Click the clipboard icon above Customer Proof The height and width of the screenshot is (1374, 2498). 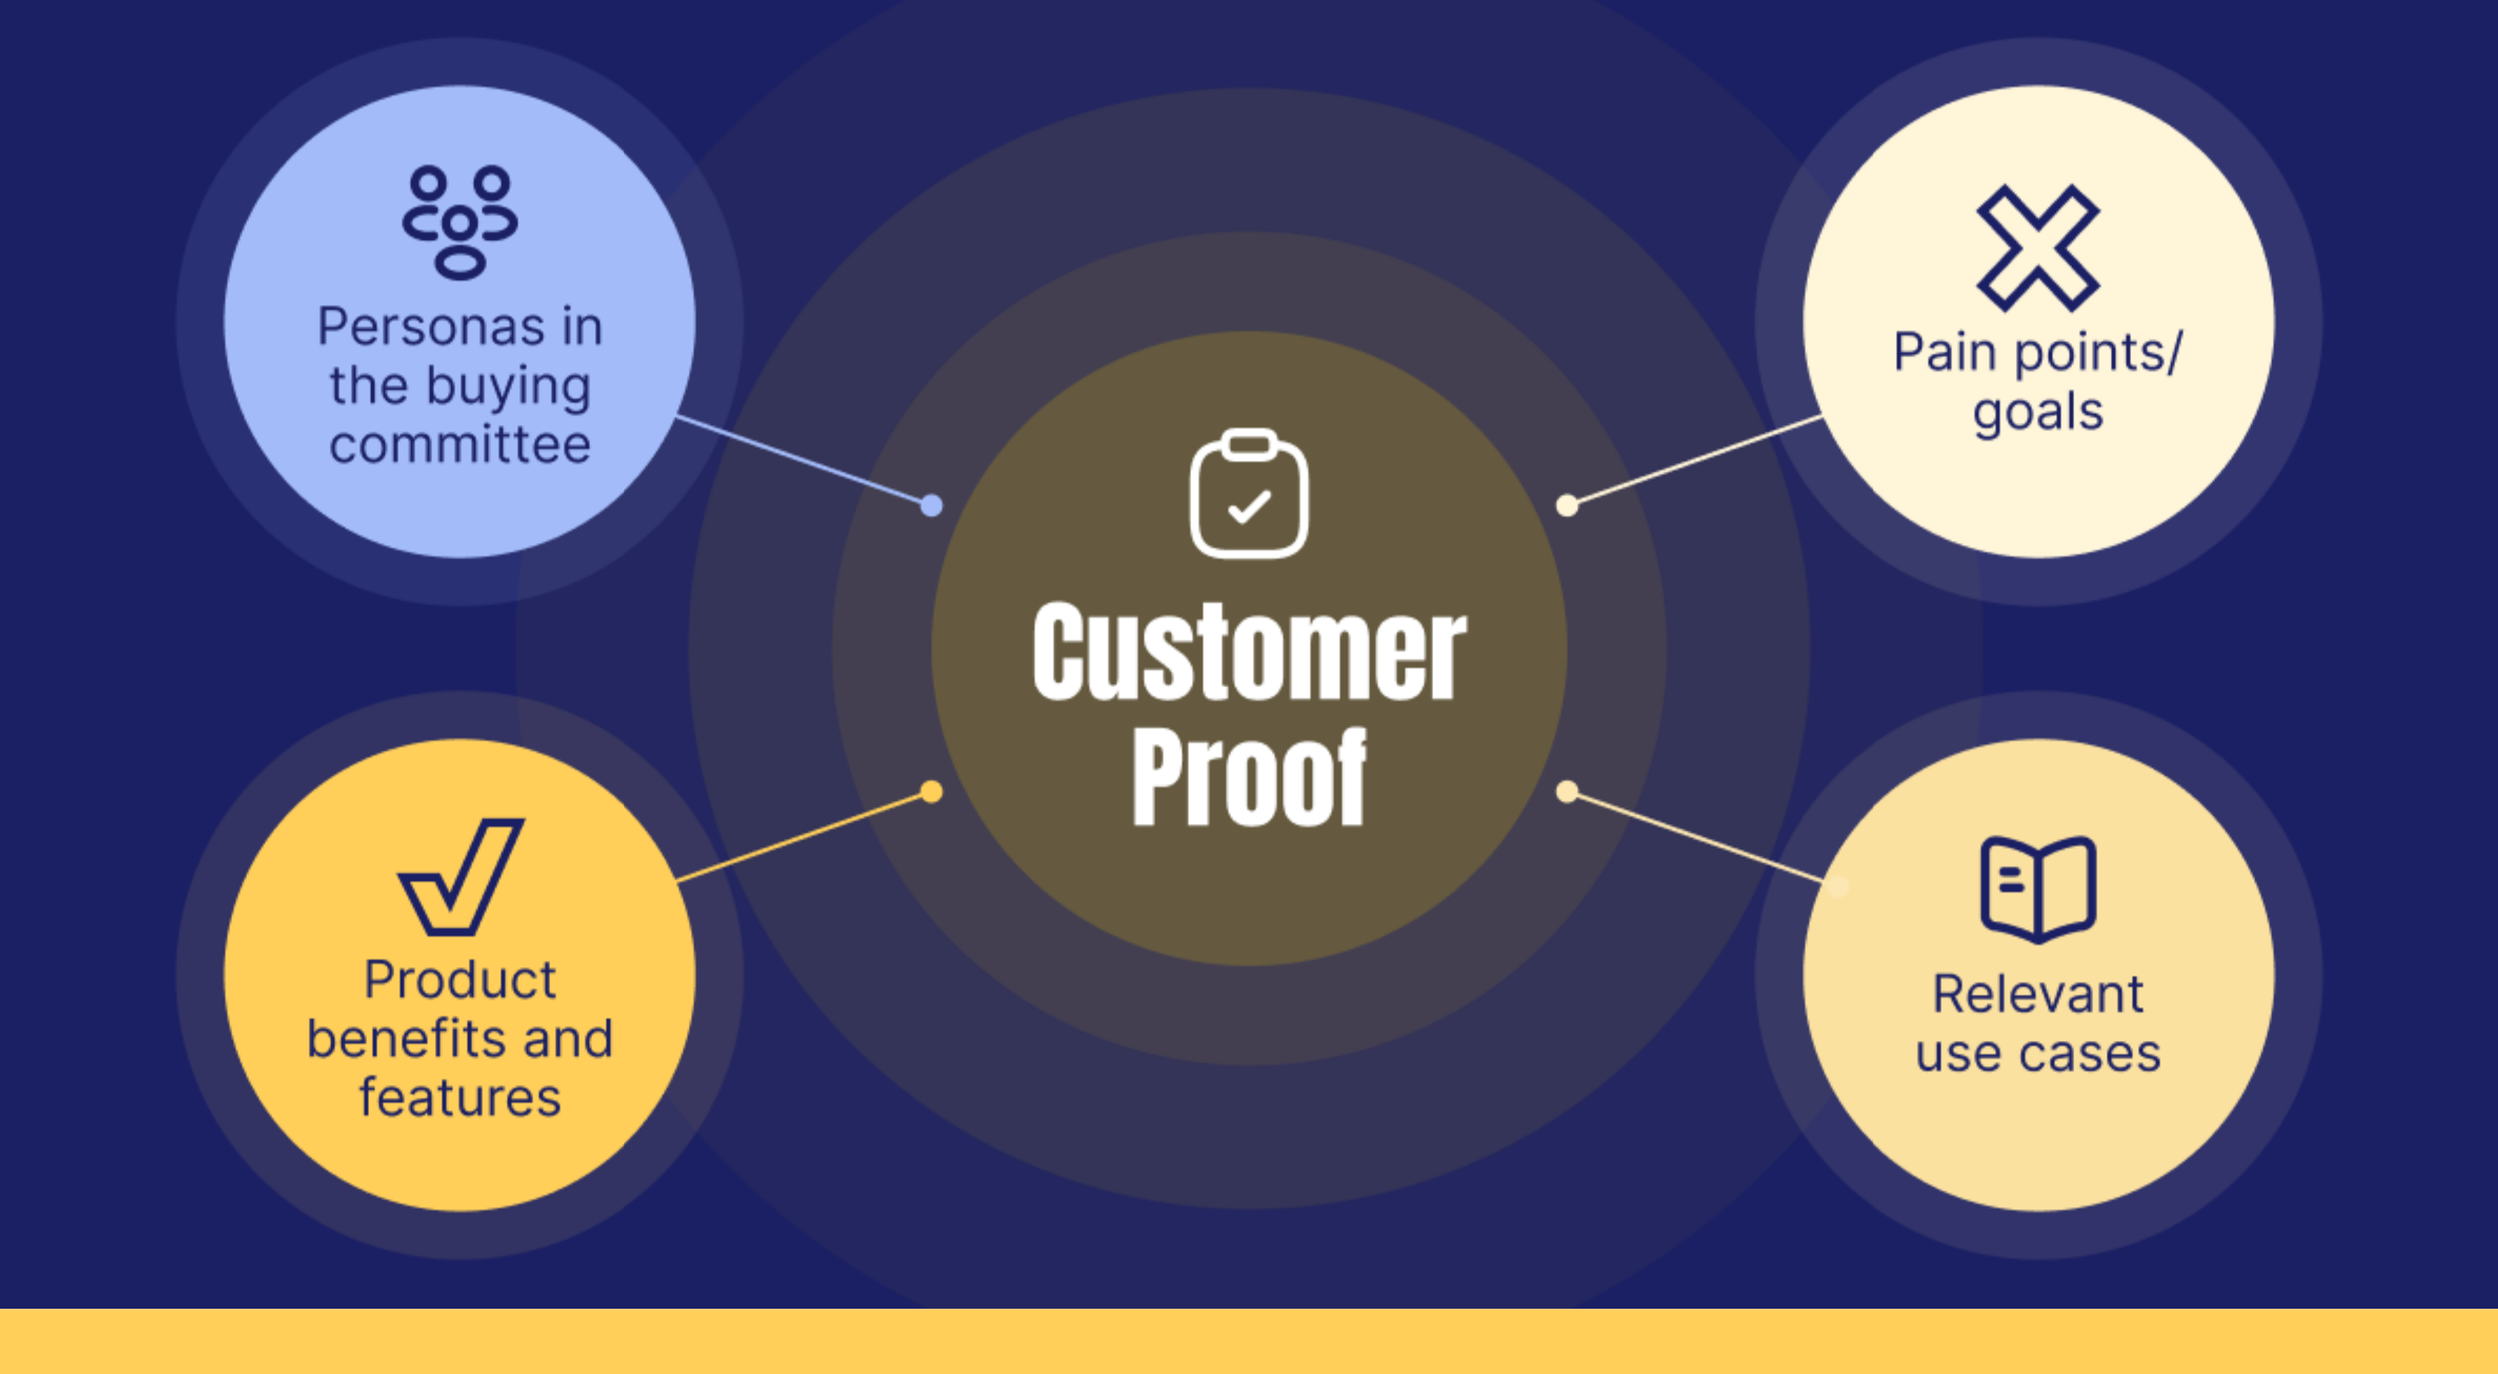pyautogui.click(x=1249, y=493)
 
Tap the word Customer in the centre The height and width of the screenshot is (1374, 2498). pyautogui.click(x=1249, y=653)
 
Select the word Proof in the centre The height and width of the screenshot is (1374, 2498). pyautogui.click(x=1249, y=777)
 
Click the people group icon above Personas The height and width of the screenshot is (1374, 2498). pyautogui.click(x=460, y=222)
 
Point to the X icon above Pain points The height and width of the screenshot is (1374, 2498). pyautogui.click(x=2038, y=248)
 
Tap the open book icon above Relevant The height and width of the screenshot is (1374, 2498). pyautogui.click(x=2038, y=888)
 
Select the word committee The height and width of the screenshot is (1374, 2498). pyautogui.click(x=460, y=445)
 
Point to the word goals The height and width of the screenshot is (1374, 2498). pyautogui.click(x=2038, y=412)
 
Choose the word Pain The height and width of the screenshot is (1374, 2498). pyautogui.click(x=1944, y=352)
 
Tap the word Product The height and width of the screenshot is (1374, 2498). pyautogui.click(x=460, y=979)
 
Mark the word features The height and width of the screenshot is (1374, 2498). pyautogui.click(x=460, y=1098)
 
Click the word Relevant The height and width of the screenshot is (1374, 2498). pyautogui.click(x=2038, y=994)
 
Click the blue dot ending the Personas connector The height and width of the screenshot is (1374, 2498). pyautogui.click(x=931, y=506)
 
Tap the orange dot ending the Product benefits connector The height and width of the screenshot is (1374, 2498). pyautogui.click(x=931, y=792)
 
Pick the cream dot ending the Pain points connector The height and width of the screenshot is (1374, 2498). pyautogui.click(x=1567, y=506)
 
